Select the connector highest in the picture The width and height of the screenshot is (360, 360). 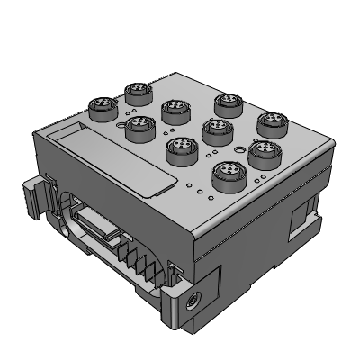click(x=137, y=90)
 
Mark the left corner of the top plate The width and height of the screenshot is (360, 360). click(x=36, y=133)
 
